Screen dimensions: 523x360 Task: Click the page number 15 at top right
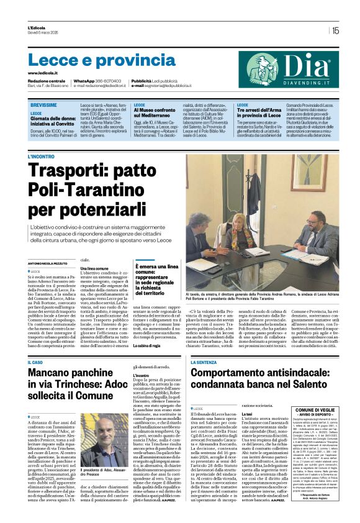[335, 30]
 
